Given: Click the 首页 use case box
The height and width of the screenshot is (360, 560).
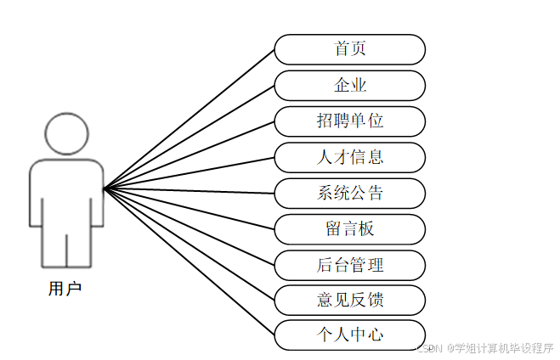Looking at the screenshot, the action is (x=349, y=49).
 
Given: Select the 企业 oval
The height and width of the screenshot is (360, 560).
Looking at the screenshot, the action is (x=349, y=85).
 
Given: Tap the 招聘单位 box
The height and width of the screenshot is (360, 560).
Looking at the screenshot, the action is (x=349, y=121).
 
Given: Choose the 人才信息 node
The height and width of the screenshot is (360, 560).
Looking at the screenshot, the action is (x=349, y=157).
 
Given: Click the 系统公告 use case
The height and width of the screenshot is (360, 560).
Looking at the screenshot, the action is (x=349, y=193).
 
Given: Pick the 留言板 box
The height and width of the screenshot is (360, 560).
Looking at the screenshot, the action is (x=349, y=229).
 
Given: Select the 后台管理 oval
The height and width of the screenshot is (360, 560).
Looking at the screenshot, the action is (x=349, y=265).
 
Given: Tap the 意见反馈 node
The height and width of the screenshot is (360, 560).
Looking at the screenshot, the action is (x=349, y=300).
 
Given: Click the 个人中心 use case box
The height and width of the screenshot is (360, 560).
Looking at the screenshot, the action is (x=349, y=335).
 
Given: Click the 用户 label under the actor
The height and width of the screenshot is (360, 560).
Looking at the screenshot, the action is (x=65, y=289).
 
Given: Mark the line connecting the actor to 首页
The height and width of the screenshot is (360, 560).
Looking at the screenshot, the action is (x=189, y=119).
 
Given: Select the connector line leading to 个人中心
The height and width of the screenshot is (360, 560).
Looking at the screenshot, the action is (x=189, y=261).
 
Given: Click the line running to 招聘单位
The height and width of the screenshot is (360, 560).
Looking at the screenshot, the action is (x=189, y=155).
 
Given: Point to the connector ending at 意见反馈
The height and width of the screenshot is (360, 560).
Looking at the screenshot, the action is (x=189, y=244).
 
